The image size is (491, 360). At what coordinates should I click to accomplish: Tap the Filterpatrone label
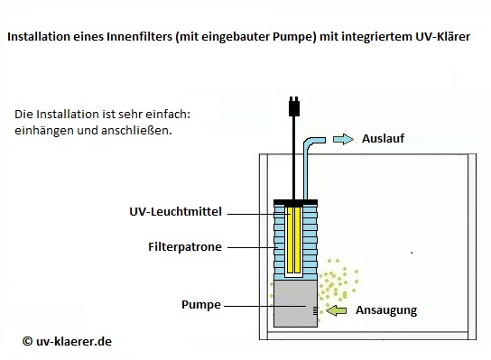[x=184, y=245]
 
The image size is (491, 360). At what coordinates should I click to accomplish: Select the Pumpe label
[x=202, y=306]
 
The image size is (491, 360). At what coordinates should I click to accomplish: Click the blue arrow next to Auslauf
[x=344, y=139]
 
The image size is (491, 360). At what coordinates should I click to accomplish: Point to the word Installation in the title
[x=41, y=40]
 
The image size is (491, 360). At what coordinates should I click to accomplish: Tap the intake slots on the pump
[x=315, y=310]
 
